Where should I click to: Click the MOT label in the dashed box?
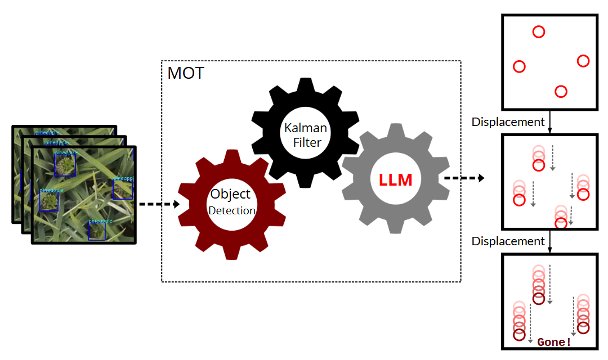186,73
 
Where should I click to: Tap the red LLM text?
395,180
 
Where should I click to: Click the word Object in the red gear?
230,194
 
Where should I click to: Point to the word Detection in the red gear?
232,211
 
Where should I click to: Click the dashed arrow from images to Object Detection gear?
159,204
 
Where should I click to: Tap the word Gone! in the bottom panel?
554,341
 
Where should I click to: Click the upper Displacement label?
508,122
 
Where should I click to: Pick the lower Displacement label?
508,241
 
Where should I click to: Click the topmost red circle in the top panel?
539,31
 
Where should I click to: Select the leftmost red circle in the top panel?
520,66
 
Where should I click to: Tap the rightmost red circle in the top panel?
583,61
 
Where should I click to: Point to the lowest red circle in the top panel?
561,91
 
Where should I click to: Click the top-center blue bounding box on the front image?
65,165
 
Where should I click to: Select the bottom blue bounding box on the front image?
97,231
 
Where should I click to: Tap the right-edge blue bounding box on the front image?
122,190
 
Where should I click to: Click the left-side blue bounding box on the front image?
49,201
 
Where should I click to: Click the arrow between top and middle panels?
549,122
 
